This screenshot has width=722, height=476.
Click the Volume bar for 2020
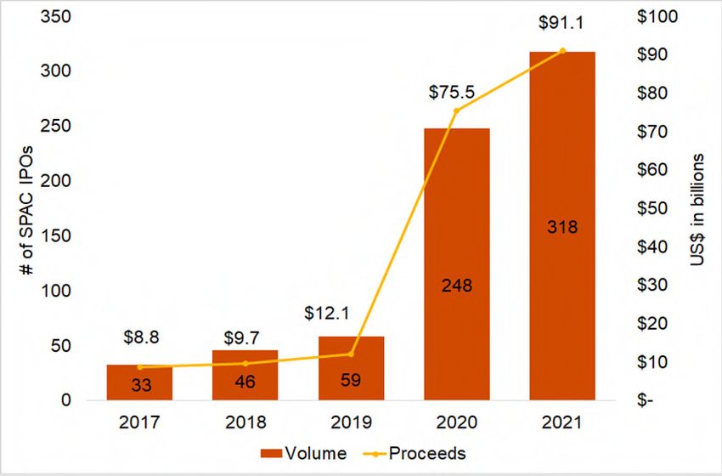point(457,263)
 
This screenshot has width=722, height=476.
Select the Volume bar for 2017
point(139,382)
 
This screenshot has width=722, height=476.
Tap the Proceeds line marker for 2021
point(562,51)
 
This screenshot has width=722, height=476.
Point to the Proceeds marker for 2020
point(457,110)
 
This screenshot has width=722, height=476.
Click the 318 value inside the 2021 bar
point(562,227)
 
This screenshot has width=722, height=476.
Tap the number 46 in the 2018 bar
point(245,382)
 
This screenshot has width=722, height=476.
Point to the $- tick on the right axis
point(651,400)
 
